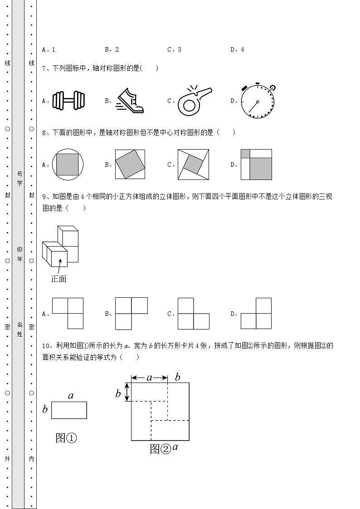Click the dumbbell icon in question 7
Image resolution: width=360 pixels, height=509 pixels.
[68, 101]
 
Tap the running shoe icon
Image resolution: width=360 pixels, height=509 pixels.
[131, 101]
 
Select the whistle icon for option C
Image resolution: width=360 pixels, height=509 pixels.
[194, 100]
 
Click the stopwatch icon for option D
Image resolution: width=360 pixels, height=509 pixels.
[258, 101]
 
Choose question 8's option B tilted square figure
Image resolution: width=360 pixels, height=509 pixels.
[130, 165]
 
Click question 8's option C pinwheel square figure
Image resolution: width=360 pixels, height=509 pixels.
[194, 165]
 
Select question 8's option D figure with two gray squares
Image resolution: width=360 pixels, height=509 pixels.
[256, 165]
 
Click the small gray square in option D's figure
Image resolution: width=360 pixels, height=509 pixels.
[245, 153]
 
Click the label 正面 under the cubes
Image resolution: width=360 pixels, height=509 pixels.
[58, 279]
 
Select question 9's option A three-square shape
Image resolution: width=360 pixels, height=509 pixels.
[68, 313]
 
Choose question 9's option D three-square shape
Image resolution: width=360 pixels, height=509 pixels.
[256, 313]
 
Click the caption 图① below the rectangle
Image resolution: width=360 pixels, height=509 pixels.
[66, 438]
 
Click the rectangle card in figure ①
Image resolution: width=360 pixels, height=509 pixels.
[69, 410]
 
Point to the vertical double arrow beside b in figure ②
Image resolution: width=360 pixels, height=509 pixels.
[127, 392]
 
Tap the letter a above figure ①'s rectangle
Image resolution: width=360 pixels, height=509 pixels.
[71, 396]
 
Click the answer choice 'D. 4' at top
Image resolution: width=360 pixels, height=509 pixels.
[237, 50]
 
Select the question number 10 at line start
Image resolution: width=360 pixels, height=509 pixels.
[45, 346]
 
